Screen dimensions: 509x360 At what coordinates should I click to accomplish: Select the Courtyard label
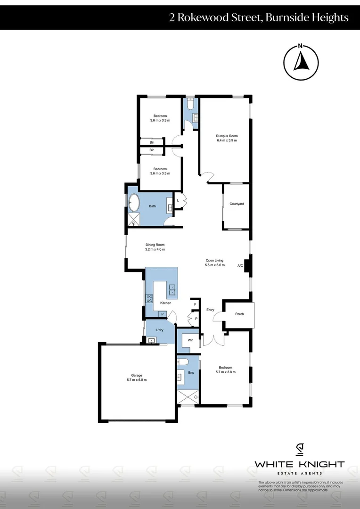(x=237, y=204)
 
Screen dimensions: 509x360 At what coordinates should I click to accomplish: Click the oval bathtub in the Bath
(x=134, y=203)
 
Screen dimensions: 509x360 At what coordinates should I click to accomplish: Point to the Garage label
(x=137, y=376)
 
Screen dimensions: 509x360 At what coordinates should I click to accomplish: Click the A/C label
(x=240, y=265)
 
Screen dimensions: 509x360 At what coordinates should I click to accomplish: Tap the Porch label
(x=239, y=314)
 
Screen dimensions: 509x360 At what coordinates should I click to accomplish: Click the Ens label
(x=191, y=373)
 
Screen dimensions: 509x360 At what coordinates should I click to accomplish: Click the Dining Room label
(x=155, y=245)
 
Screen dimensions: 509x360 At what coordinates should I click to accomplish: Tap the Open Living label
(x=214, y=260)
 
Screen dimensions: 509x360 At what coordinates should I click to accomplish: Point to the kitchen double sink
(x=172, y=289)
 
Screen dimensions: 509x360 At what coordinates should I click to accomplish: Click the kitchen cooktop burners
(x=150, y=298)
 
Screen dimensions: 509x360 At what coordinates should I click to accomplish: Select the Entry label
(x=210, y=310)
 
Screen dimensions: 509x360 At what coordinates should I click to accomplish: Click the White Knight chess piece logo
(x=299, y=450)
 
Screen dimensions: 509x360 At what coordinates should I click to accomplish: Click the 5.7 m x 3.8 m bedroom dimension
(x=225, y=372)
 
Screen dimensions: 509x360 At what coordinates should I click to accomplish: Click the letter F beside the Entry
(x=195, y=304)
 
